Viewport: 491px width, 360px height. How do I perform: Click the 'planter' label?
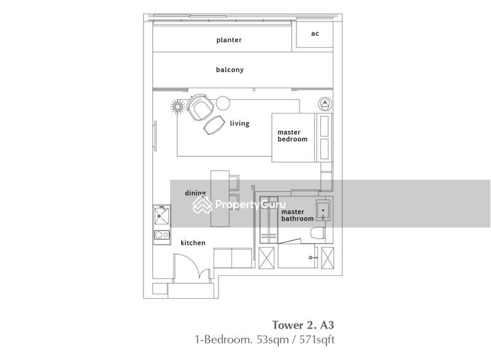coord(229,40)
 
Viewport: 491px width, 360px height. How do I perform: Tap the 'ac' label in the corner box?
coord(315,33)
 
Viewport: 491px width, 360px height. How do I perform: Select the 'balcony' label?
coord(230,70)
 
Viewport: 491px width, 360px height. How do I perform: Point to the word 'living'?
coord(239,123)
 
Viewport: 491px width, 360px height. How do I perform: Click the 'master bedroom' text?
coord(292,136)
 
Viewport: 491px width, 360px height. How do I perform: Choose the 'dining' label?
coord(195,193)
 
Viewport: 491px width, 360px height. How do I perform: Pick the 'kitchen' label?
coord(193,243)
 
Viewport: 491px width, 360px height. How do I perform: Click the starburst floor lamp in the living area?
coord(177,108)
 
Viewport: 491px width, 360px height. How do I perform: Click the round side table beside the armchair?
coord(222,102)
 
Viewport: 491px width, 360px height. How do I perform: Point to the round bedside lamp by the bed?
coord(325,104)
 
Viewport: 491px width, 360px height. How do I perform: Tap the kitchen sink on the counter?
coord(163,215)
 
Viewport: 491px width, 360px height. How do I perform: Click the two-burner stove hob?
coord(162,234)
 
